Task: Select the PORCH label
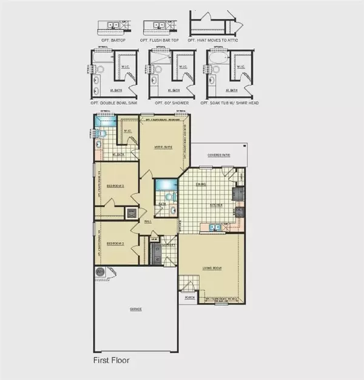pos(188,298)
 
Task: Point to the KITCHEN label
pos(217,205)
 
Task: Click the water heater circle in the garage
pos(99,274)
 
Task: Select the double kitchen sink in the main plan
pos(213,228)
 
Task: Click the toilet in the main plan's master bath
pos(104,134)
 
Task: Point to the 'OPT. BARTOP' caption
pos(113,39)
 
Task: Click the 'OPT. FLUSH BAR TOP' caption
pos(161,39)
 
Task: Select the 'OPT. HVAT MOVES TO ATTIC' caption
pos(212,39)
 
